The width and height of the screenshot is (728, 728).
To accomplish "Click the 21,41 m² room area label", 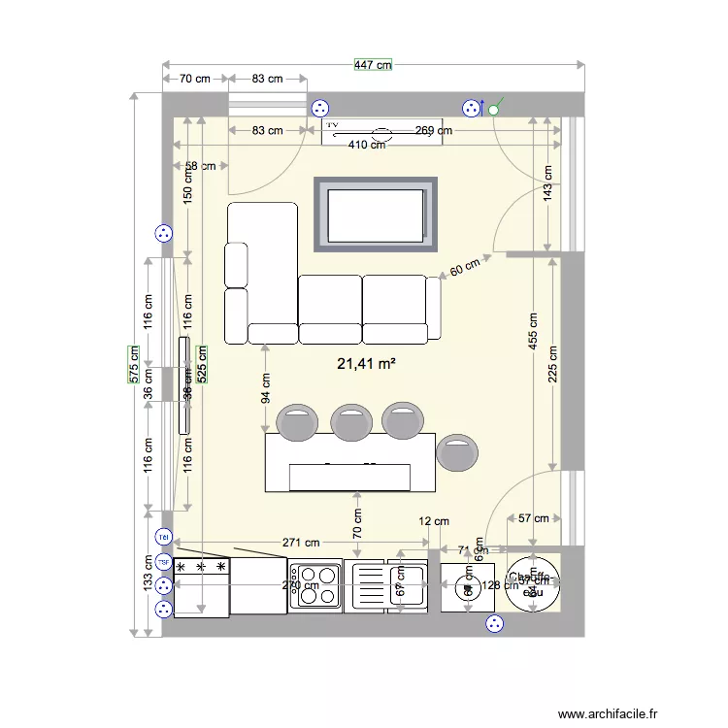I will (x=365, y=364).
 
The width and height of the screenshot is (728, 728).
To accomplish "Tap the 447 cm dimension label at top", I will (x=373, y=65).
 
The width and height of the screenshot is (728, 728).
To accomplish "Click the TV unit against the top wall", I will (x=382, y=131).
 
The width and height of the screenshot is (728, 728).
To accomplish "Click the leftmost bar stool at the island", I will (x=297, y=421).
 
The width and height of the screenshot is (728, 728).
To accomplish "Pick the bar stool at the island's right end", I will (x=457, y=453).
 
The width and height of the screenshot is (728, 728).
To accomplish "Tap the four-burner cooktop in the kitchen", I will (x=315, y=586).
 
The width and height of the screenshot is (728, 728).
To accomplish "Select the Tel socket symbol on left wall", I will (x=163, y=537).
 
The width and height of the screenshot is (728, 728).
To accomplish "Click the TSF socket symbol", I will (x=163, y=562).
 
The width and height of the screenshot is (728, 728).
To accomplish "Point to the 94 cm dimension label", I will (x=265, y=389).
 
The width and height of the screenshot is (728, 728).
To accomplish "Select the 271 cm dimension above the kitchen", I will (x=301, y=544).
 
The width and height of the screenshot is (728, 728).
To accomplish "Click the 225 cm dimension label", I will (x=552, y=364).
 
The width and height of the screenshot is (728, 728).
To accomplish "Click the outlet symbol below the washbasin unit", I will (x=495, y=624).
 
